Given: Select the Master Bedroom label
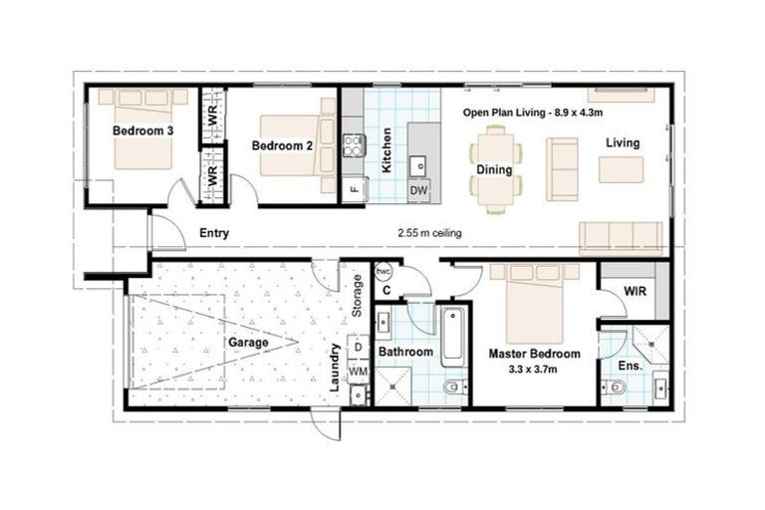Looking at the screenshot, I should tap(534, 354).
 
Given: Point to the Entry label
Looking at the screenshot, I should tap(214, 234).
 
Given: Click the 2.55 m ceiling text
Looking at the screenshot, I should tap(428, 234).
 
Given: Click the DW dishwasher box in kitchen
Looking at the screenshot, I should tap(418, 190).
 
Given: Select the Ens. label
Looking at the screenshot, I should tap(630, 366).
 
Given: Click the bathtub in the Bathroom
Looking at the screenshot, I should tap(452, 336).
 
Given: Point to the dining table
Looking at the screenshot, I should tap(494, 168).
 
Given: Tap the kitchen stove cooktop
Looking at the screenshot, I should tap(353, 146).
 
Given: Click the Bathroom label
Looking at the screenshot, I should tap(405, 352).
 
